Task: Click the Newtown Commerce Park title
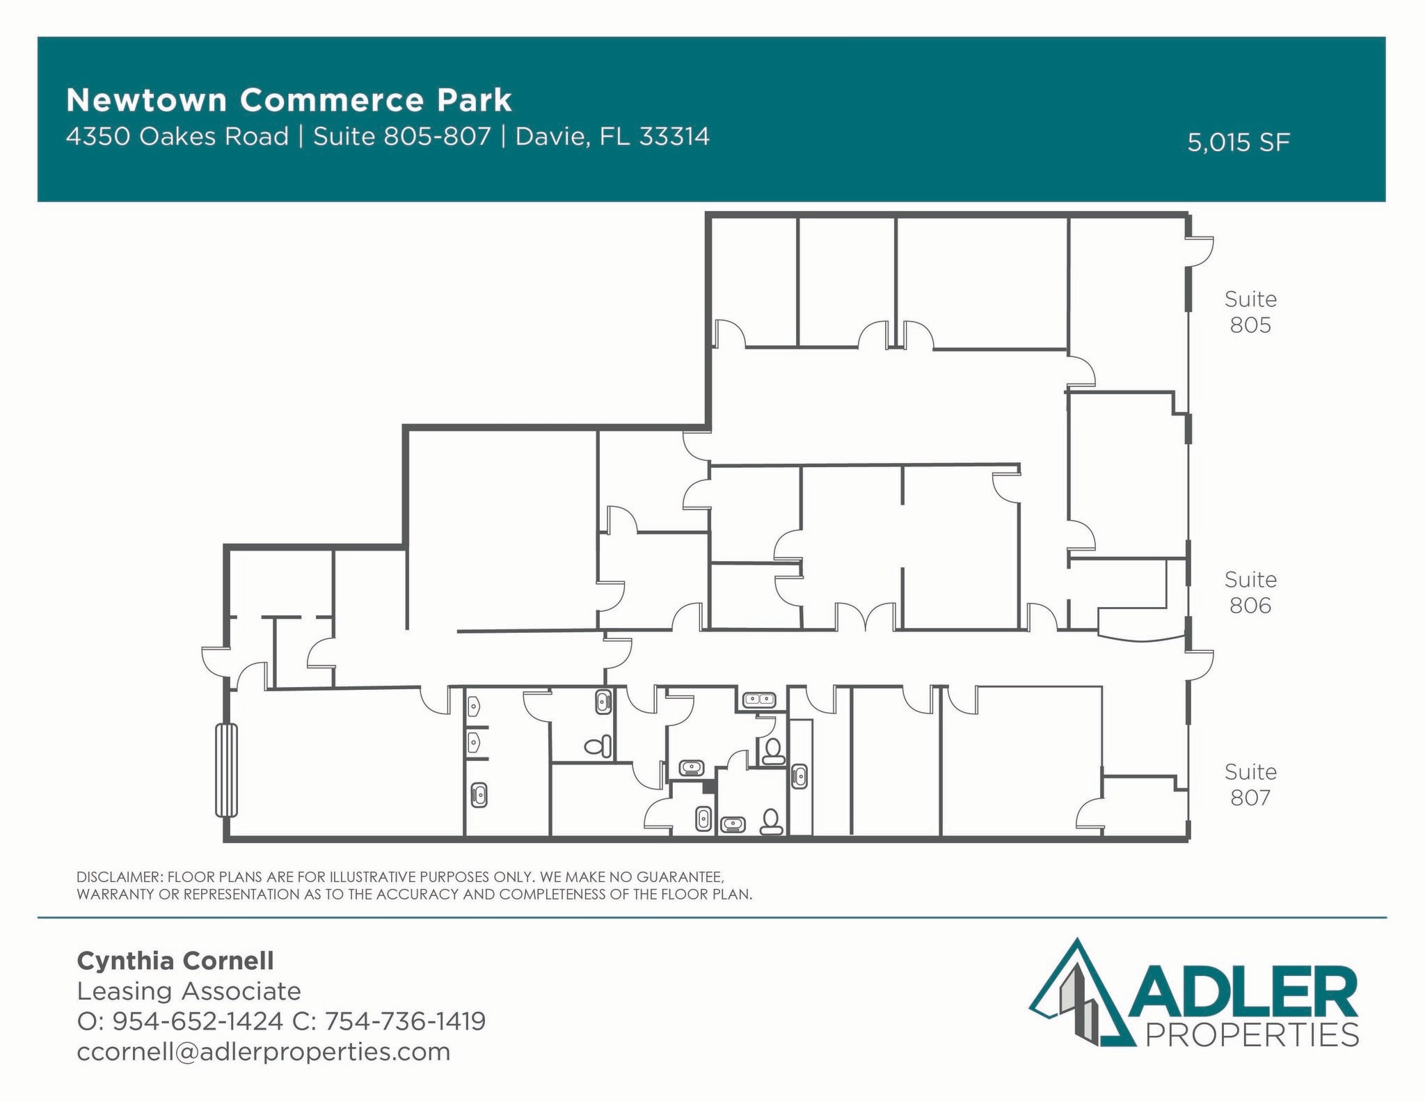pyautogui.click(x=289, y=100)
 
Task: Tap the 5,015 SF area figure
pyautogui.click(x=1238, y=143)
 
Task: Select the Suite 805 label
pyautogui.click(x=1250, y=312)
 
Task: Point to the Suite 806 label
pyautogui.click(x=1250, y=592)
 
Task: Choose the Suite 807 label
pyautogui.click(x=1250, y=785)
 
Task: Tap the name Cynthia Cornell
pyautogui.click(x=175, y=961)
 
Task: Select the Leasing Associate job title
pyautogui.click(x=189, y=991)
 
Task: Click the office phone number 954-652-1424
pyautogui.click(x=198, y=1021)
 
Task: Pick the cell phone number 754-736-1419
pyautogui.click(x=405, y=1021)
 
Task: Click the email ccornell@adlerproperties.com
pyautogui.click(x=264, y=1051)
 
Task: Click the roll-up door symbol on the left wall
pyautogui.click(x=226, y=770)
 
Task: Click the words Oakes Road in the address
pyautogui.click(x=214, y=136)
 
